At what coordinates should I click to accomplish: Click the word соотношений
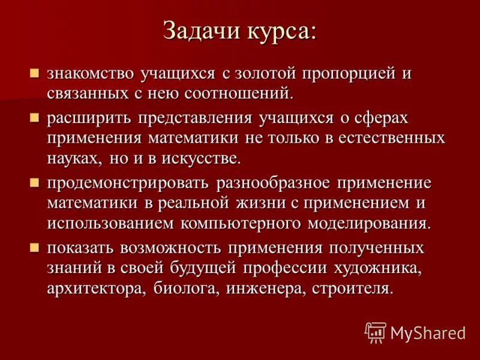[x=243, y=93]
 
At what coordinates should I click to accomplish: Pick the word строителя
[x=352, y=287]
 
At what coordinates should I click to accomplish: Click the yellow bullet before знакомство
[x=35, y=74]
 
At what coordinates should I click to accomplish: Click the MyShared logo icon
[x=376, y=332]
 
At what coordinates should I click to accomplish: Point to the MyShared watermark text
[x=427, y=332]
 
